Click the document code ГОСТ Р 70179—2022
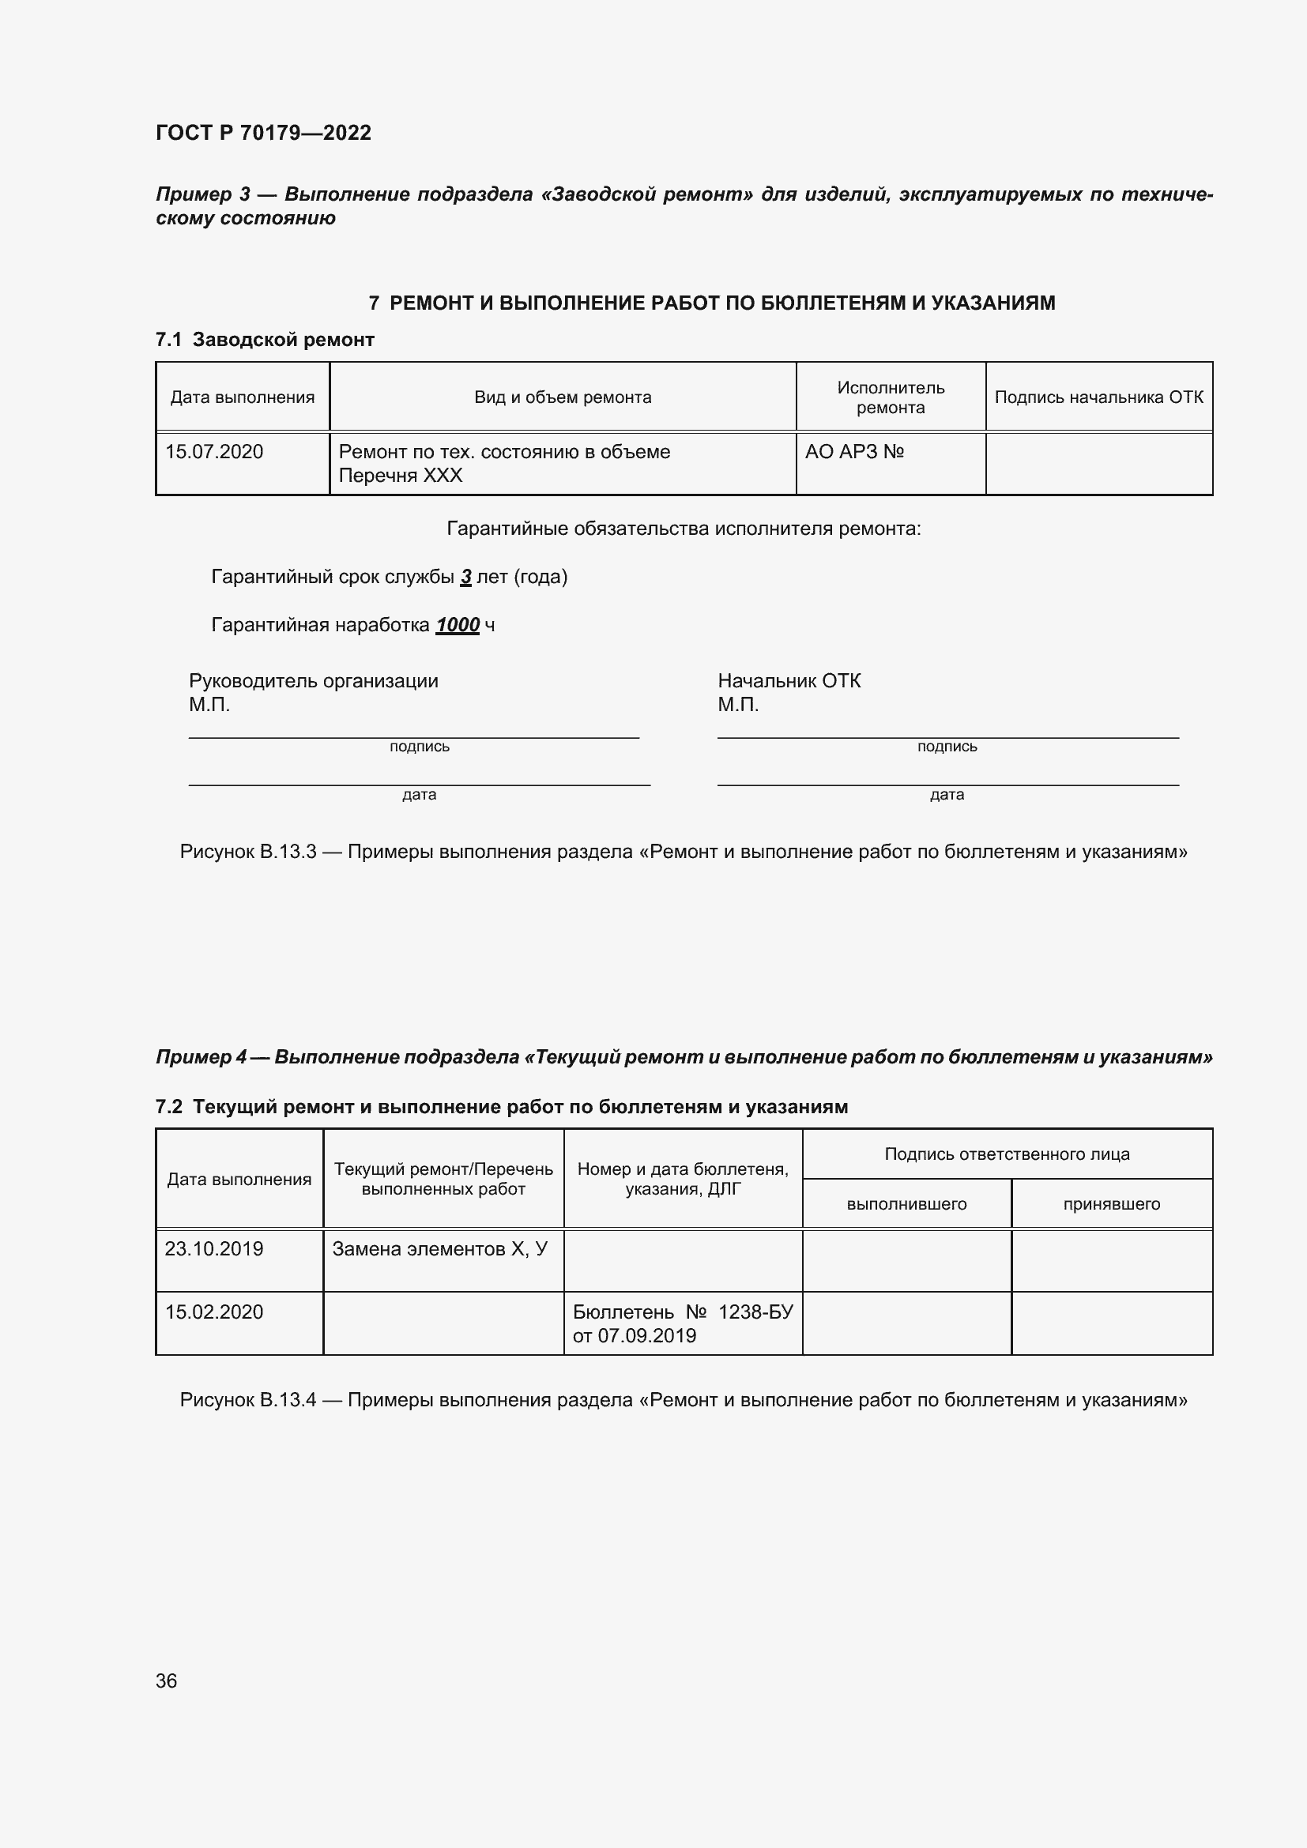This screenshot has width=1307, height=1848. pyautogui.click(x=263, y=133)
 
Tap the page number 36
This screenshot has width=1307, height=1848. pyautogui.click(x=166, y=1681)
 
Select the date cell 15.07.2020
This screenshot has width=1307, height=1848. pyautogui.click(x=214, y=452)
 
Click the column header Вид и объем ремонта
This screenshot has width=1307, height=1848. pyautogui.click(x=562, y=397)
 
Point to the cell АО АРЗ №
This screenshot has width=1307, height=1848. pyautogui.click(x=854, y=452)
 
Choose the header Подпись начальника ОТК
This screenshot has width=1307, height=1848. pyautogui.click(x=1098, y=397)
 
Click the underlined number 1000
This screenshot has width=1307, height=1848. pyautogui.click(x=457, y=625)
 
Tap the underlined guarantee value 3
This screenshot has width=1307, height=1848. pyautogui.click(x=465, y=576)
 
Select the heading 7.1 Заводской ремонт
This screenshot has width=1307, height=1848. pyautogui.click(x=265, y=340)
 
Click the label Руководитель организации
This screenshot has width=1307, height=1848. pyautogui.click(x=313, y=681)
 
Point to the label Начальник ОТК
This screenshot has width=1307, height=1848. pyautogui.click(x=789, y=681)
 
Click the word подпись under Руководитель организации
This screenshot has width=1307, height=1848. pyautogui.click(x=420, y=747)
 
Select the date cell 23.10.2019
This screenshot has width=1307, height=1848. pyautogui.click(x=214, y=1248)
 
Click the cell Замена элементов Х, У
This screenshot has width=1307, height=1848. pyautogui.click(x=439, y=1248)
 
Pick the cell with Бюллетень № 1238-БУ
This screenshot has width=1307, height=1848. pyautogui.click(x=683, y=1323)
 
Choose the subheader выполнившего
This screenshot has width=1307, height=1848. pyautogui.click(x=906, y=1204)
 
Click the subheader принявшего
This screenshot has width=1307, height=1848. pyautogui.click(x=1112, y=1204)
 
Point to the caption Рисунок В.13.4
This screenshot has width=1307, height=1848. pyautogui.click(x=248, y=1400)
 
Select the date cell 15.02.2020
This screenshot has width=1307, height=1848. pyautogui.click(x=214, y=1312)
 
